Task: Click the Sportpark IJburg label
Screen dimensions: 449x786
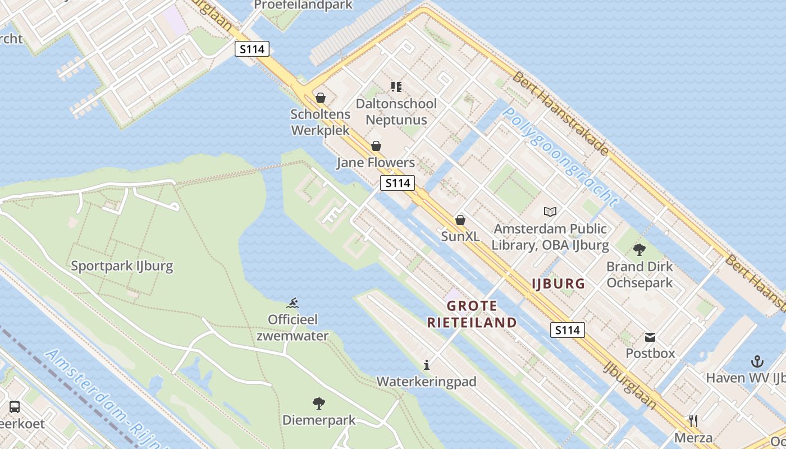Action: pos(122,265)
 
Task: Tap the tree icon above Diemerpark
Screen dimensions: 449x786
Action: pos(319,403)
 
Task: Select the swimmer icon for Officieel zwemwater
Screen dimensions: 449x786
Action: pos(293,303)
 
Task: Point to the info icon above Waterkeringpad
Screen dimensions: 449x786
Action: pos(427,365)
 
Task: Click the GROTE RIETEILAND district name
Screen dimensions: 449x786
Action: pos(472,314)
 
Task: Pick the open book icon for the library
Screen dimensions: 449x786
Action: pos(550,212)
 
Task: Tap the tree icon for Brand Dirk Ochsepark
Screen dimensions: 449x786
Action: pos(639,250)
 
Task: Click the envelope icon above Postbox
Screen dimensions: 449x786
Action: pos(650,337)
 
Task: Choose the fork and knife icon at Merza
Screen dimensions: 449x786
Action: pos(693,421)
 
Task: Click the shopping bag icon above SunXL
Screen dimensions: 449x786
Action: pos(460,220)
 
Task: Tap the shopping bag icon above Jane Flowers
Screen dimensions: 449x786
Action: pos(376,146)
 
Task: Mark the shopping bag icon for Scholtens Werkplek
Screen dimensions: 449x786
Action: pos(321,98)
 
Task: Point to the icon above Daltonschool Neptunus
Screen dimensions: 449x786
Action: pos(396,86)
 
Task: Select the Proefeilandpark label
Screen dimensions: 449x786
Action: pos(303,5)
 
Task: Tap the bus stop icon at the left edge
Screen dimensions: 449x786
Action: pos(15,407)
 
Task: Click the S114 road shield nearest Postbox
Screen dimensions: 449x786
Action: pos(567,330)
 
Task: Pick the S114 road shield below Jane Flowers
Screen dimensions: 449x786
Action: pos(397,182)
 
